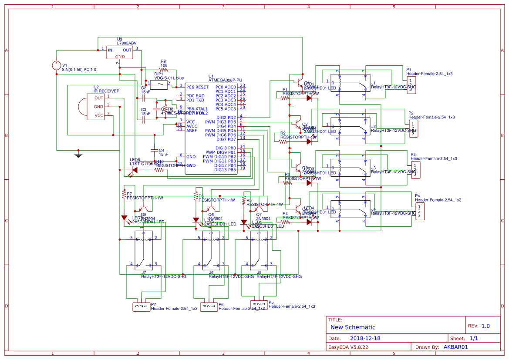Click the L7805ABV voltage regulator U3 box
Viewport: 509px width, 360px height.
pos(120,53)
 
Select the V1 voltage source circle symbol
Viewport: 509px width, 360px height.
pos(57,66)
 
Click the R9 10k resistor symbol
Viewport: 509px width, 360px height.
pos(163,69)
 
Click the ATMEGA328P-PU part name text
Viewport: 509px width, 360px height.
pos(225,80)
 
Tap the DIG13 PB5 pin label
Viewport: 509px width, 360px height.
pos(225,170)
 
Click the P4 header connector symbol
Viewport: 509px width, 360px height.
pos(420,211)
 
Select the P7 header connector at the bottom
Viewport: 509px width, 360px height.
pos(141,307)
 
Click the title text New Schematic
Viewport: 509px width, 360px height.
pos(353,327)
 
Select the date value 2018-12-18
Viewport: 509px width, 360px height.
pos(365,338)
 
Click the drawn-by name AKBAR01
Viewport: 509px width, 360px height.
pos(455,347)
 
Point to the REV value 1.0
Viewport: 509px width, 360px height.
pos(485,326)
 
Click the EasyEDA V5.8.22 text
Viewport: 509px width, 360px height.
pos(348,347)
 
